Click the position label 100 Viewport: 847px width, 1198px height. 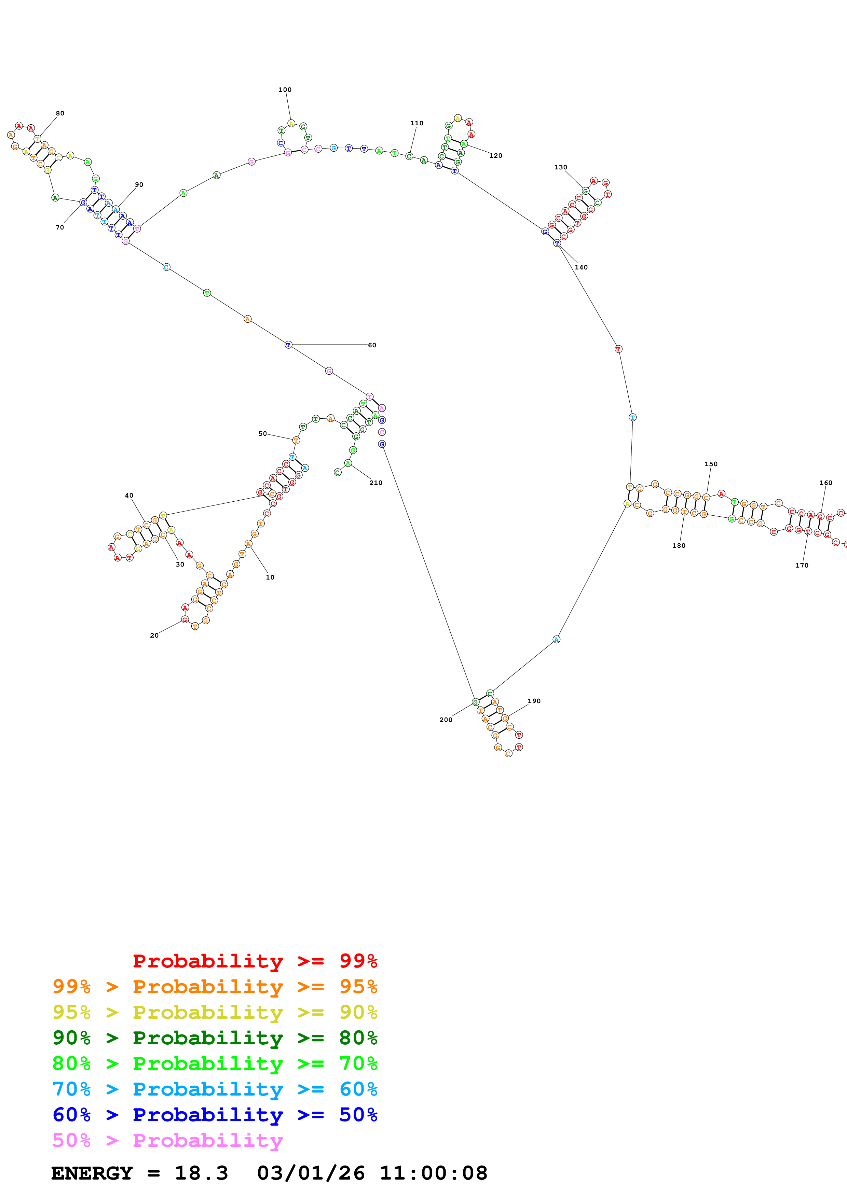click(x=285, y=90)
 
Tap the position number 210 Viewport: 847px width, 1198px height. click(x=376, y=483)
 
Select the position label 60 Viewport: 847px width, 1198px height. click(x=372, y=345)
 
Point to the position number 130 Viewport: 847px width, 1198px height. click(x=560, y=167)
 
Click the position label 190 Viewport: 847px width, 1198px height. click(x=534, y=701)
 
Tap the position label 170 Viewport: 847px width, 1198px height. click(x=802, y=565)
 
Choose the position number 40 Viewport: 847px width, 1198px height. click(x=129, y=495)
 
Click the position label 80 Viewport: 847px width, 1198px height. click(x=60, y=113)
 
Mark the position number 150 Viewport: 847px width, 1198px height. click(x=711, y=464)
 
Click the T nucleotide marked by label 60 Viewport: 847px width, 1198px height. click(x=288, y=345)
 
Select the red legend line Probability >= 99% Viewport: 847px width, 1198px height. click(x=255, y=961)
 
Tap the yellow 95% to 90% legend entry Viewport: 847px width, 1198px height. click(x=215, y=1012)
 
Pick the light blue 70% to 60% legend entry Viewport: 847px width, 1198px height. click(x=215, y=1089)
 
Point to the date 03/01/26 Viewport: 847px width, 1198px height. click(x=311, y=1173)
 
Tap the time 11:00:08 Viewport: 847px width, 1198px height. click(x=433, y=1173)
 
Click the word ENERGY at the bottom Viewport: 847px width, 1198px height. click(x=92, y=1173)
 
